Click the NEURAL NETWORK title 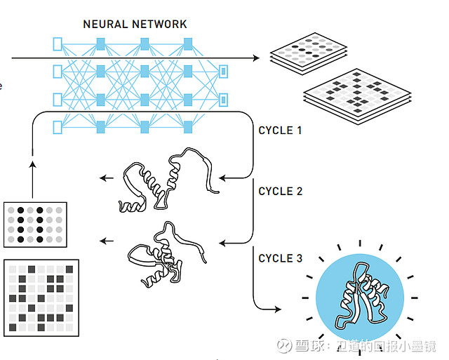point(135,24)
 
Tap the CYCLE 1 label point(280,131)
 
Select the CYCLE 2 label point(281,192)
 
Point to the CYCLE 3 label point(281,258)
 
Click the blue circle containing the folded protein point(360,298)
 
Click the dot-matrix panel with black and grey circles point(35,225)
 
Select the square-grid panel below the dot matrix point(41,298)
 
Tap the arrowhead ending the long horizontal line point(256,58)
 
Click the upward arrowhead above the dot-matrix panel point(33,164)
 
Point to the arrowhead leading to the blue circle point(278,309)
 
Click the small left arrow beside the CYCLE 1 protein point(107,178)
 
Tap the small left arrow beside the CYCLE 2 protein point(107,241)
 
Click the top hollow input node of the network point(58,44)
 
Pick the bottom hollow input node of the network point(58,127)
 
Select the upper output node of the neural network point(223,72)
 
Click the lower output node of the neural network point(223,100)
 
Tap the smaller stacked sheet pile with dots point(309,54)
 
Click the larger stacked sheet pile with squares point(357,97)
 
